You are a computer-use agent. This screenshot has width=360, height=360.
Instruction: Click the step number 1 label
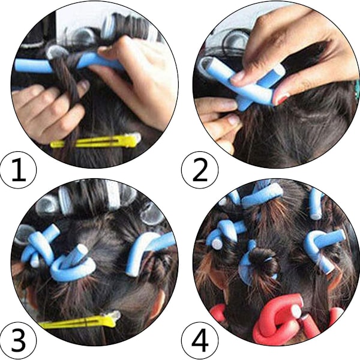pos(19,170)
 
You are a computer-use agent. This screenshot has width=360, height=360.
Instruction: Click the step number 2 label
pos(200,170)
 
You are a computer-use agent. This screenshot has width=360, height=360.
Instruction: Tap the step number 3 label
pos(19,340)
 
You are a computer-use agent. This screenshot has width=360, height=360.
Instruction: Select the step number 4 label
pos(200,340)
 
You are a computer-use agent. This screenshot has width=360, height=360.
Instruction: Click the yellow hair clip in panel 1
pos(95,140)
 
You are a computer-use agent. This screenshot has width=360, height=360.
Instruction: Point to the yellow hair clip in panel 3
pos(79,320)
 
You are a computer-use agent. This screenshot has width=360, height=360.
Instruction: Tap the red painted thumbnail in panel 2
pos(282,98)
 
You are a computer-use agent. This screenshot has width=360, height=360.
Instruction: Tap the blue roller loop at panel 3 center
pos(73,264)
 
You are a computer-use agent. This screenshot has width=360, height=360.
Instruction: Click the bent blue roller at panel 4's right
pos(322,244)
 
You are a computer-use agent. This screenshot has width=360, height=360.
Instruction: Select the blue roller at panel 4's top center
pos(262,195)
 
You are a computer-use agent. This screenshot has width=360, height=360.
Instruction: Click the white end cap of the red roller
pos(296,311)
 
